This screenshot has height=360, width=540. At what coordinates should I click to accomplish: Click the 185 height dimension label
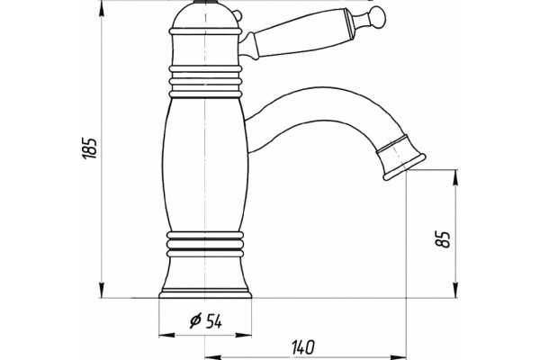point(89,148)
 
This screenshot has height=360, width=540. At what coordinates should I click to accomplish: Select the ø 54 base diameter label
point(206,321)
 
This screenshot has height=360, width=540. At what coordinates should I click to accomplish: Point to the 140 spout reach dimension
point(303,347)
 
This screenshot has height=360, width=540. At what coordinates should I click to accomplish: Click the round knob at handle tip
point(377,16)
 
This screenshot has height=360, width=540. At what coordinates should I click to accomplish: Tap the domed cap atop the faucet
point(205,15)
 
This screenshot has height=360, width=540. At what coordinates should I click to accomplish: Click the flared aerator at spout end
point(401,157)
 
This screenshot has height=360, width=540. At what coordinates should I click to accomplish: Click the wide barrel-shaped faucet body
point(205,165)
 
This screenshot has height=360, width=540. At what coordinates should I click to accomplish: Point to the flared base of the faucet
point(205,277)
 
